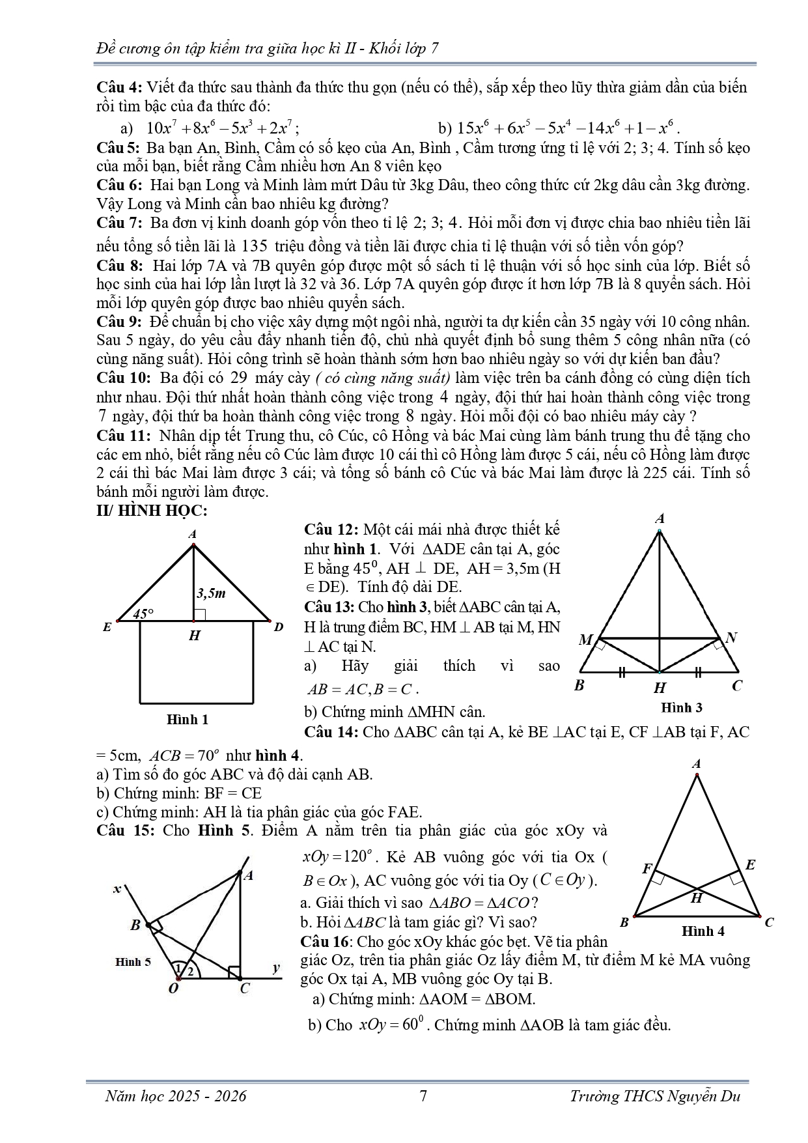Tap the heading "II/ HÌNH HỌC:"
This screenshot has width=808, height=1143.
pos(152,511)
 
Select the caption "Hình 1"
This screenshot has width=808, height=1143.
pos(188,720)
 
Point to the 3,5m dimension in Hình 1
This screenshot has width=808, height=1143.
pos(210,593)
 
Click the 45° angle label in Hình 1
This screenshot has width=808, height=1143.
pos(143,614)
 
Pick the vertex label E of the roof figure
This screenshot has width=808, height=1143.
pos(107,627)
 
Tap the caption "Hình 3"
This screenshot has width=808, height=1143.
pos(681,707)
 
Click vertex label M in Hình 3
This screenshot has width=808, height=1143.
pos(585,640)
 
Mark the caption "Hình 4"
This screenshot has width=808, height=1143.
pos(703,931)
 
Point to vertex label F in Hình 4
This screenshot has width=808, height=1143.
pos(647,868)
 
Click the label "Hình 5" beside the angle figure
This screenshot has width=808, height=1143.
pos(133,962)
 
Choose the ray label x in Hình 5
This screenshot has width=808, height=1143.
pos(117,889)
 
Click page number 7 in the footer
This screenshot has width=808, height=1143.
pos(423,1096)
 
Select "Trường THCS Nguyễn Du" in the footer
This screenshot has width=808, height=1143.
pos(655,1096)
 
